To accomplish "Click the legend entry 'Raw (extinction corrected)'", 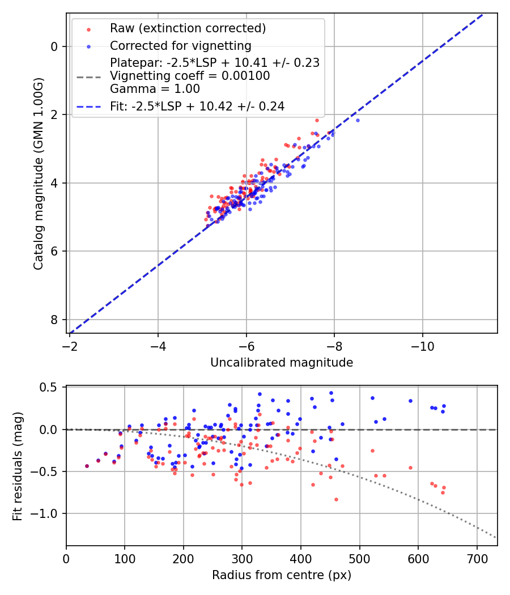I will (188, 28).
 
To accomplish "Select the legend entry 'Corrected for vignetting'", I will (181, 45).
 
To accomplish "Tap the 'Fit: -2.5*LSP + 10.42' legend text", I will (197, 106).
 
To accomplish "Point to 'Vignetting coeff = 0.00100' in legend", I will (190, 76).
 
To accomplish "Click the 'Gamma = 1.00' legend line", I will (155, 89).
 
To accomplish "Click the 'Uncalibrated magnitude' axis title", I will (282, 363).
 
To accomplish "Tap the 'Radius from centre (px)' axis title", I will (282, 575).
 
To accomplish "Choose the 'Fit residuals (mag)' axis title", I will (18, 465).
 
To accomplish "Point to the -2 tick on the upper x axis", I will (70, 345).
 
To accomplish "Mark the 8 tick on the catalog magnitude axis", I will (55, 320).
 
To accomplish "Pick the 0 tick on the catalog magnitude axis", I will (55, 46).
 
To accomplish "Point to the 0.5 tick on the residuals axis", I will (51, 388).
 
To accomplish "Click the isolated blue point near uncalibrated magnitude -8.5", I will (358, 120).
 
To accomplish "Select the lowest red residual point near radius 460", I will (336, 499).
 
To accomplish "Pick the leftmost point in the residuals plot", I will (87, 466).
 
